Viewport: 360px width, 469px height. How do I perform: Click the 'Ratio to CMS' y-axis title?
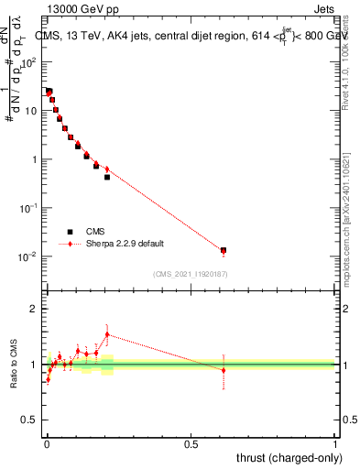pos(15,365)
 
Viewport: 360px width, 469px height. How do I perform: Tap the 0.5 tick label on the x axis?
pos(191,444)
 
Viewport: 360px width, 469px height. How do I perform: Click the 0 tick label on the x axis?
pos(47,444)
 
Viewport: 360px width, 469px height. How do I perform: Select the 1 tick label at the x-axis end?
pos(334,444)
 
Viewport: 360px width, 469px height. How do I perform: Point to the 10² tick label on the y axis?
pos(31,62)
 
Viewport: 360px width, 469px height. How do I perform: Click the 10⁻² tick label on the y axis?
pos(30,256)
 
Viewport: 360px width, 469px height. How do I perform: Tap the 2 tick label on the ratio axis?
pos(35,310)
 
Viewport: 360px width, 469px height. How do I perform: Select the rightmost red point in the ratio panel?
pos(223,370)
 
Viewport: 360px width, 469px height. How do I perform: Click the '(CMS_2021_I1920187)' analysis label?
pos(190,273)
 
